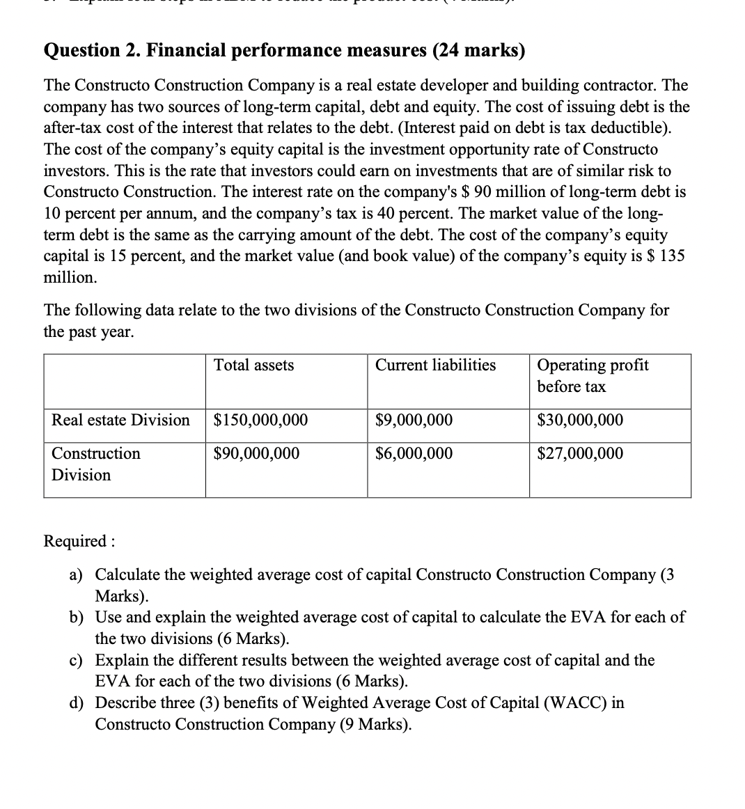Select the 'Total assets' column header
pos(253,366)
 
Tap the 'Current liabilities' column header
pos(435,366)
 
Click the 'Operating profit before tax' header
pos(592,376)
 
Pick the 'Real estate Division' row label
pos(120,421)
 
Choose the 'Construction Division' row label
pos(95,464)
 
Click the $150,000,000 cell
pos(260,421)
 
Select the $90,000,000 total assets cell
pos(256,454)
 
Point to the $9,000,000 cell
pos(414,421)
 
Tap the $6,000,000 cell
pos(414,454)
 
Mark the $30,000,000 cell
pos(580,421)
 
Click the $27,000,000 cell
pos(580,454)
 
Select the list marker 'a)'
pos(75,575)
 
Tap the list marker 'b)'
pos(75,618)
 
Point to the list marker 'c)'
pos(75,660)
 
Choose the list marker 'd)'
pos(75,702)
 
